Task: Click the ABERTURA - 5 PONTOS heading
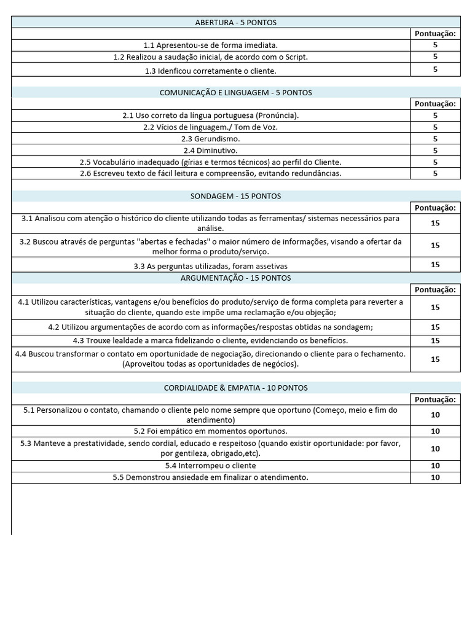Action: (x=235, y=23)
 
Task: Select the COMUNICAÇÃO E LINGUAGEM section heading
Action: (x=235, y=93)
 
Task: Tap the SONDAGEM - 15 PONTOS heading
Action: (x=235, y=196)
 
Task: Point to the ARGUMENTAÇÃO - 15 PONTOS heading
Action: (x=235, y=278)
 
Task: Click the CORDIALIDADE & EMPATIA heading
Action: (x=235, y=388)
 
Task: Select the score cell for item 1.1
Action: (x=435, y=45)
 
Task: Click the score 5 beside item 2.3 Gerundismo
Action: (x=435, y=139)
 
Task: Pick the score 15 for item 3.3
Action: (x=435, y=265)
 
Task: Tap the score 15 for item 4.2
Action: (x=435, y=327)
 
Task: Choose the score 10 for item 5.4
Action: (x=435, y=466)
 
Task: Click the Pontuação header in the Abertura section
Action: (x=435, y=34)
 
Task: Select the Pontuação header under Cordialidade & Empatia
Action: (x=435, y=399)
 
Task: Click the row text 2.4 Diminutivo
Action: (x=210, y=150)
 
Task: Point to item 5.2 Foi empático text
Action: (x=210, y=431)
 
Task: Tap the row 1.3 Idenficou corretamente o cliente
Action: (x=210, y=71)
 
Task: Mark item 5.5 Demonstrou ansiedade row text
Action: (x=210, y=477)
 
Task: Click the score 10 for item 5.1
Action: (x=435, y=415)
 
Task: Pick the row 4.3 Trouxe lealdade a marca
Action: (x=210, y=340)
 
